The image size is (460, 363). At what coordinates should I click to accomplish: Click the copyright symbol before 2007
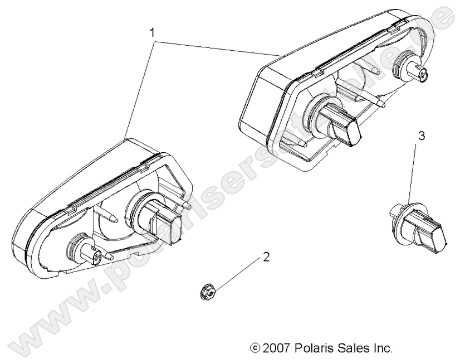256,349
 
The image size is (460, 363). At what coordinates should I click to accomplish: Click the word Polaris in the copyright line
313,349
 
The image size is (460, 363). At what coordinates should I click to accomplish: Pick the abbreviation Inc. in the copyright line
383,349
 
